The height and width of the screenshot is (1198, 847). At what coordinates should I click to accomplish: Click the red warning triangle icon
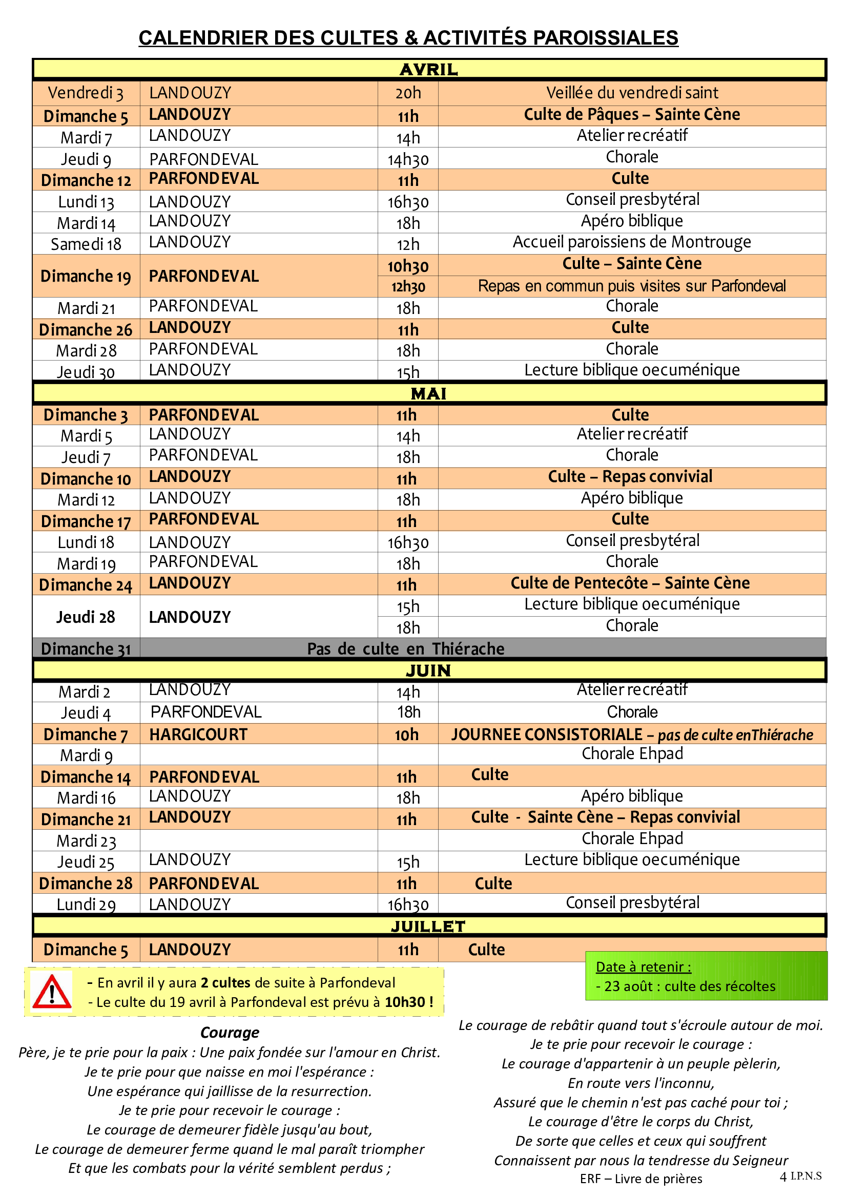(52, 992)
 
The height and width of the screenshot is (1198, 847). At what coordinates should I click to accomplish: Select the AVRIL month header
(428, 69)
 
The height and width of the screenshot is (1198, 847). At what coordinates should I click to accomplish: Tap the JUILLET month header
(428, 926)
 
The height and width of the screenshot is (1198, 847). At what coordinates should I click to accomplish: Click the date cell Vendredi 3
(86, 93)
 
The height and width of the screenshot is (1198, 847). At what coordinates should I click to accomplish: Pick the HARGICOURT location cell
(198, 734)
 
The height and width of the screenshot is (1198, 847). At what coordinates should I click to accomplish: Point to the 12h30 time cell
(408, 286)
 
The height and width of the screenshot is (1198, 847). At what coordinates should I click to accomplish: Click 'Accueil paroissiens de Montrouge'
(631, 242)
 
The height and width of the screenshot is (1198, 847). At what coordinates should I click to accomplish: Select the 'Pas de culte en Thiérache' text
(405, 648)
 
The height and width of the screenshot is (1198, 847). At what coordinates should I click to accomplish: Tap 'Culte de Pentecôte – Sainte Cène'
(630, 583)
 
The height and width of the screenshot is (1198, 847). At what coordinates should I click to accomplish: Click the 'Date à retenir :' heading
(644, 967)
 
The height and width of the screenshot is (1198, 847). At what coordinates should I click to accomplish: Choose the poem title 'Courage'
(230, 1033)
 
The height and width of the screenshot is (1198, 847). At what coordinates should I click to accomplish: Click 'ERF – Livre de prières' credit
(641, 1179)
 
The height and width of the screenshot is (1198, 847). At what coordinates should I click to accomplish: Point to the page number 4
(783, 1176)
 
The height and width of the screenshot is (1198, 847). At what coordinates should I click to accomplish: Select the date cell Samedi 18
(86, 244)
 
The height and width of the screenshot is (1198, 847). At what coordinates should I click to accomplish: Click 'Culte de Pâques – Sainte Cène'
(631, 115)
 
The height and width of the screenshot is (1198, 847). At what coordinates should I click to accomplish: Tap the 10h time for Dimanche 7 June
(406, 734)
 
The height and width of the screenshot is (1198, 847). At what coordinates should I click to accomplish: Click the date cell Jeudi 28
(86, 617)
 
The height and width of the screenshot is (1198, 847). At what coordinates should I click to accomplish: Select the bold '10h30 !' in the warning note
(408, 1002)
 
